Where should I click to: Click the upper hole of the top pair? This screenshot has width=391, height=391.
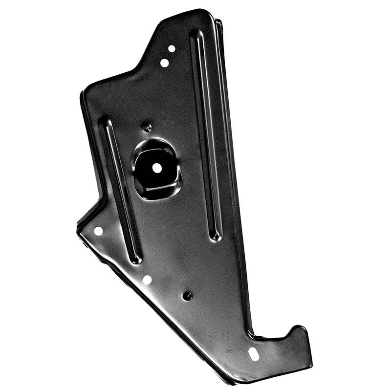pyautogui.click(x=172, y=48)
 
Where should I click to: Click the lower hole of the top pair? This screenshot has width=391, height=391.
pyautogui.click(x=165, y=63)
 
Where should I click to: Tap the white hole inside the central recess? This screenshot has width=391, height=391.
pyautogui.click(x=157, y=167)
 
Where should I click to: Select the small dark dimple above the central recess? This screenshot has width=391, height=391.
pyautogui.click(x=147, y=127)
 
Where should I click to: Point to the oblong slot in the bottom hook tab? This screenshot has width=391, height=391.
pyautogui.click(x=254, y=354)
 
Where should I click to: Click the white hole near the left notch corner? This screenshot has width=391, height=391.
pyautogui.click(x=98, y=231)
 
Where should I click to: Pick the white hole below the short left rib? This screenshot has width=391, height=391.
pyautogui.click(x=147, y=280)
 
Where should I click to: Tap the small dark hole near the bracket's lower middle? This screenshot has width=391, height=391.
pyautogui.click(x=187, y=296)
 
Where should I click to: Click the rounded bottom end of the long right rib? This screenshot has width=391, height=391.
pyautogui.click(x=216, y=237)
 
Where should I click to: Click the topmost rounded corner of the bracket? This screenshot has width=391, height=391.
pyautogui.click(x=200, y=12)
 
